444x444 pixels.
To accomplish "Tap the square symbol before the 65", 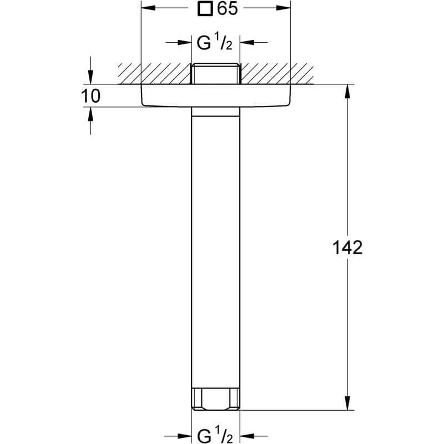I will coord(206,9).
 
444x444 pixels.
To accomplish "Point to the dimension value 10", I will coord(90,96).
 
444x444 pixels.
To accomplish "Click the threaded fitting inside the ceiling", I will coord(216,74).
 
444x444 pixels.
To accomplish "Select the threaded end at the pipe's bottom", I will coord(216,398).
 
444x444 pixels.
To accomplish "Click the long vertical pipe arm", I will coord(216,250).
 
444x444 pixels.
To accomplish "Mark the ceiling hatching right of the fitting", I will coord(275,73).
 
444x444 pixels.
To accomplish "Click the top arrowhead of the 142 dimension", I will coord(348,90).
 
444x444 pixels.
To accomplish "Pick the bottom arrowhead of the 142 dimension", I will coord(348,404).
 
